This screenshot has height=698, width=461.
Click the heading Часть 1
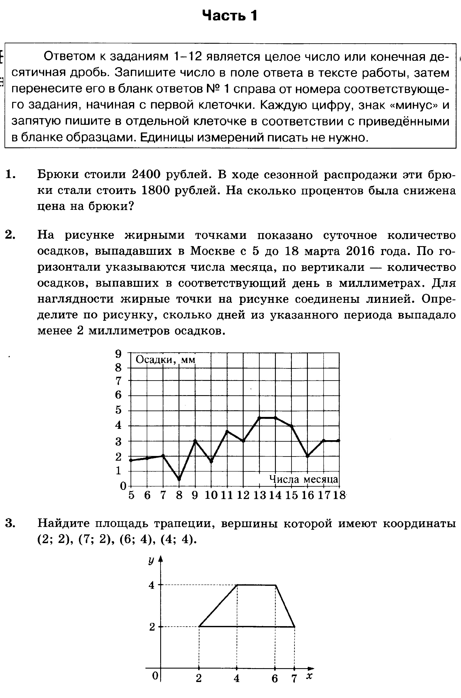230,16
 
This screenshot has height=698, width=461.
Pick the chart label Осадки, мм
166,360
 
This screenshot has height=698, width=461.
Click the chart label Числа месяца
304,479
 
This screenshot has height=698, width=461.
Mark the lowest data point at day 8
179,479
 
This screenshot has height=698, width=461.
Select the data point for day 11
227,431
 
